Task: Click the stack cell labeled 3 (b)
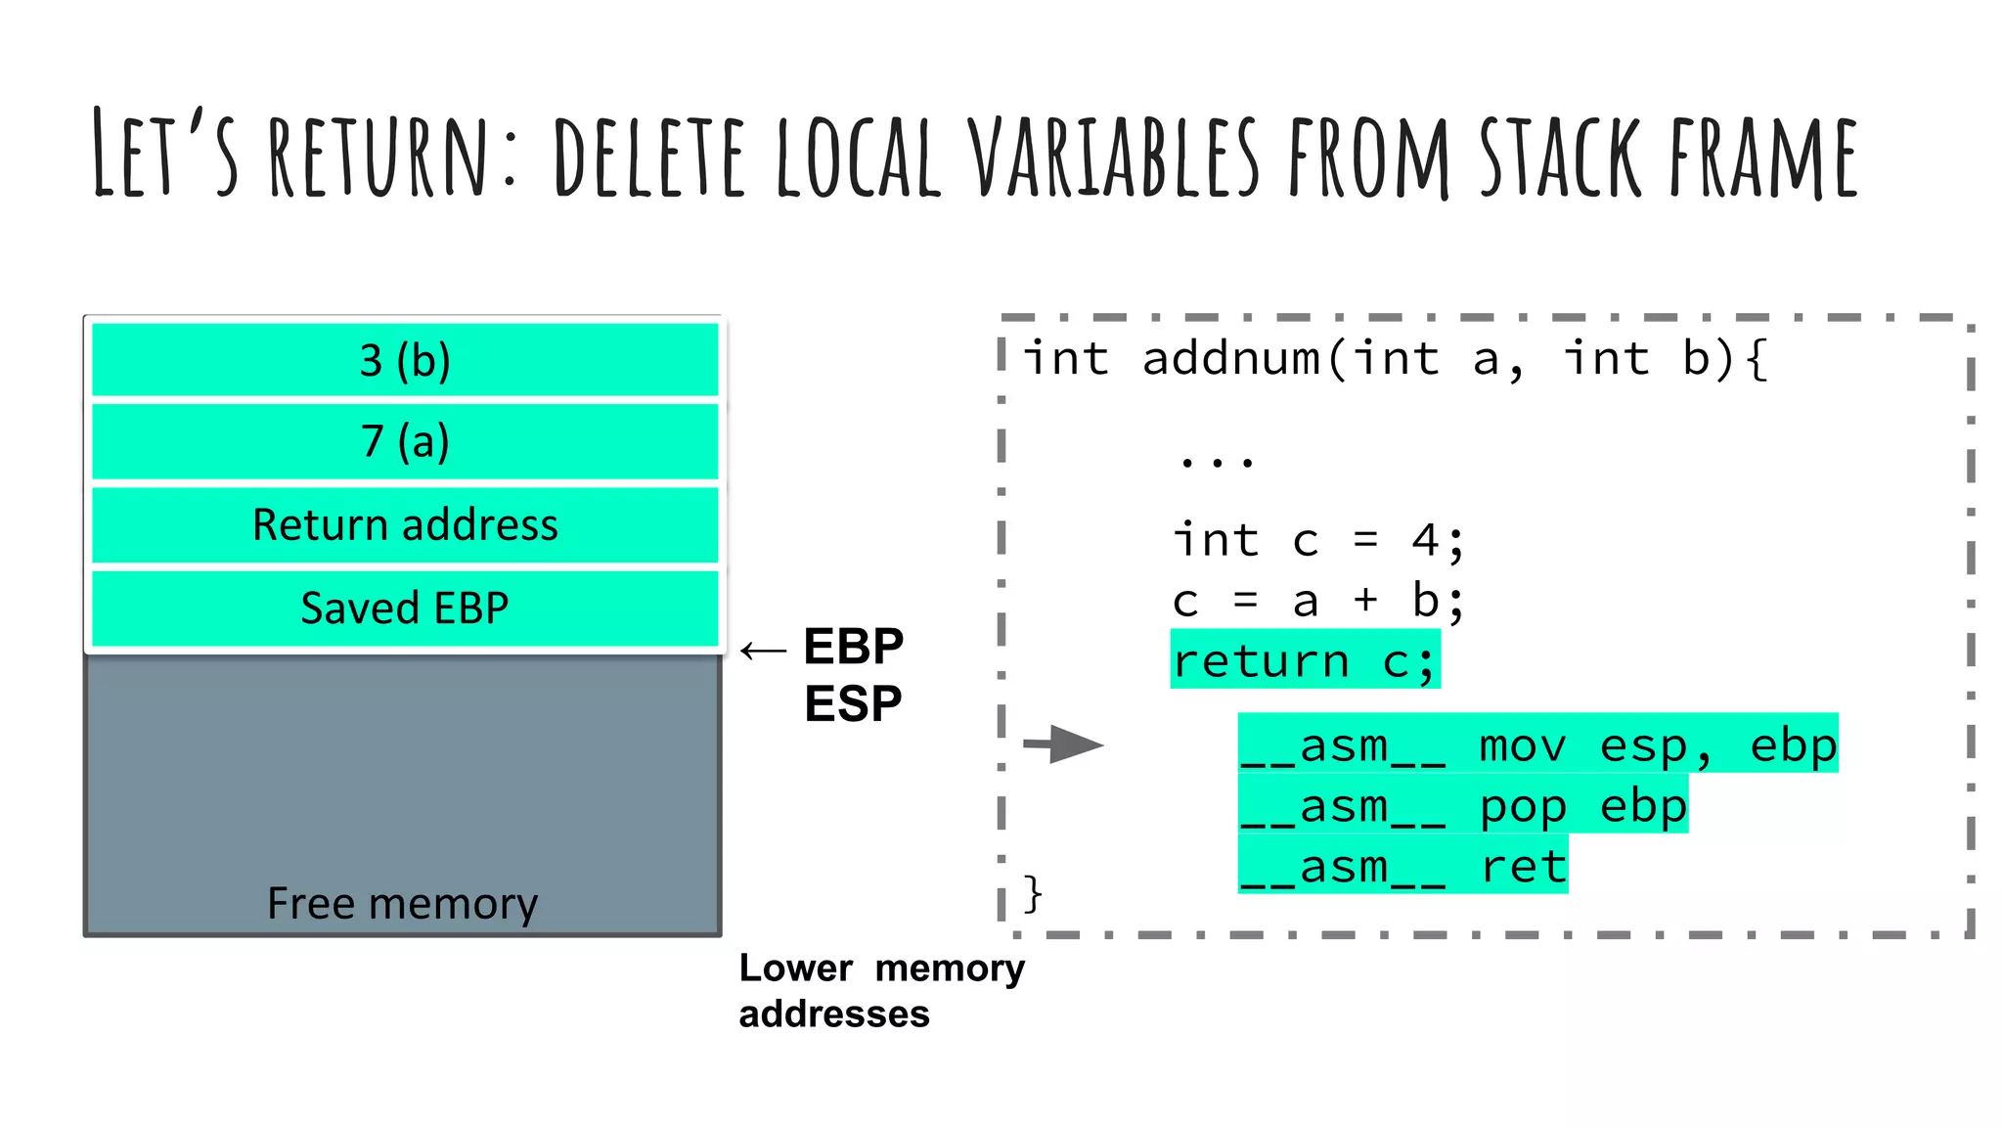click(x=405, y=360)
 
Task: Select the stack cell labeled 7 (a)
click(x=405, y=441)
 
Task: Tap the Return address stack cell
click(x=405, y=525)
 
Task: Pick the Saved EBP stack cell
click(x=405, y=608)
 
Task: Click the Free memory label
click(x=402, y=902)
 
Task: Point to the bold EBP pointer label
click(x=853, y=647)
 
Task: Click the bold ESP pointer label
click(x=853, y=703)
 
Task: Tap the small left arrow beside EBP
click(x=763, y=651)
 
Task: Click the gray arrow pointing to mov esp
click(x=1063, y=744)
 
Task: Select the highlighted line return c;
click(x=1305, y=660)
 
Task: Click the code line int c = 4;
click(x=1317, y=540)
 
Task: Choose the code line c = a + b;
click(x=1317, y=600)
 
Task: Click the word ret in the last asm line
click(x=1524, y=867)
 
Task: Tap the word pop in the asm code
click(x=1524, y=807)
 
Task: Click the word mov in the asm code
click(x=1524, y=746)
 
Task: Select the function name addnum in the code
click(x=1230, y=358)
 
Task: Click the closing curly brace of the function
click(x=1033, y=893)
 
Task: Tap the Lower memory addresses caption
click(x=880, y=990)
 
